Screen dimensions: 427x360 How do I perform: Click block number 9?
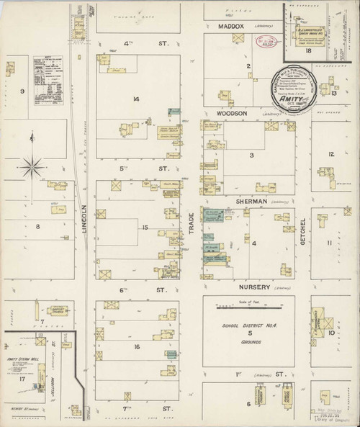(x=22, y=91)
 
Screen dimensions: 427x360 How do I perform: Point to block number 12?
(x=331, y=155)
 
